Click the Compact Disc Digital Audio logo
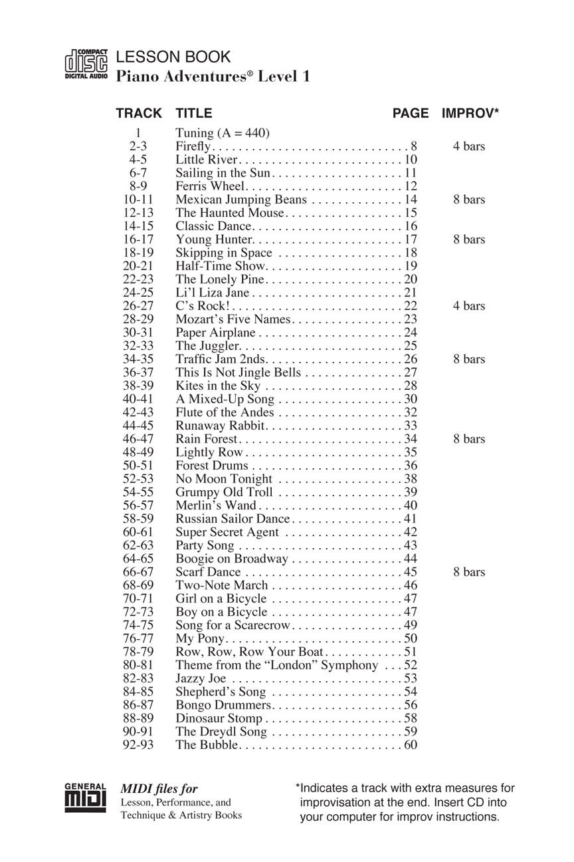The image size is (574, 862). [x=86, y=66]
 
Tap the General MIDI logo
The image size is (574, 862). [x=85, y=798]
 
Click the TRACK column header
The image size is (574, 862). [x=138, y=114]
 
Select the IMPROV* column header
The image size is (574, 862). [x=470, y=114]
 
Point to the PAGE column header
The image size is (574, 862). [x=411, y=114]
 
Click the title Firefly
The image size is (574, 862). [x=193, y=146]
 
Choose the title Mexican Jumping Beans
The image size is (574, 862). [x=241, y=200]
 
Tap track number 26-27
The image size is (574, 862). [x=138, y=306]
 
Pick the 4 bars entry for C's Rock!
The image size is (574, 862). [x=469, y=306]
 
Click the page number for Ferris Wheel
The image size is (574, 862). [x=411, y=186]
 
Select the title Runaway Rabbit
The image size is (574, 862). [x=221, y=426]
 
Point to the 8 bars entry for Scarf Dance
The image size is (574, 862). [x=469, y=572]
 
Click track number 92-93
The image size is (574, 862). [x=138, y=745]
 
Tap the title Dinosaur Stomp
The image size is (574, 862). [x=219, y=718]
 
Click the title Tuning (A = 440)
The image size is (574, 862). [x=223, y=133]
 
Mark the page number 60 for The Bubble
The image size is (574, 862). [x=411, y=745]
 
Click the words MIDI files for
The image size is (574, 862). [x=159, y=789]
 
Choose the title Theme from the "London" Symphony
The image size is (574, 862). [x=276, y=665]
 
